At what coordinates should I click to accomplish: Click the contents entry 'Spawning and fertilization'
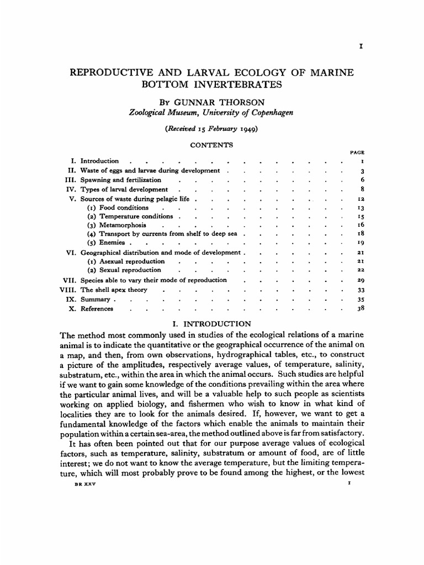coord(121,180)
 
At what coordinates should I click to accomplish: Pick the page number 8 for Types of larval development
coord(361,189)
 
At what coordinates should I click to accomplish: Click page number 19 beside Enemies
coord(359,243)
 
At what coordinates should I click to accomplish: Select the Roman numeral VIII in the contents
coord(68,289)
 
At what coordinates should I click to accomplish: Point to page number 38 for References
coord(359,309)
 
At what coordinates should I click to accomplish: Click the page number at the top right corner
coord(361,47)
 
